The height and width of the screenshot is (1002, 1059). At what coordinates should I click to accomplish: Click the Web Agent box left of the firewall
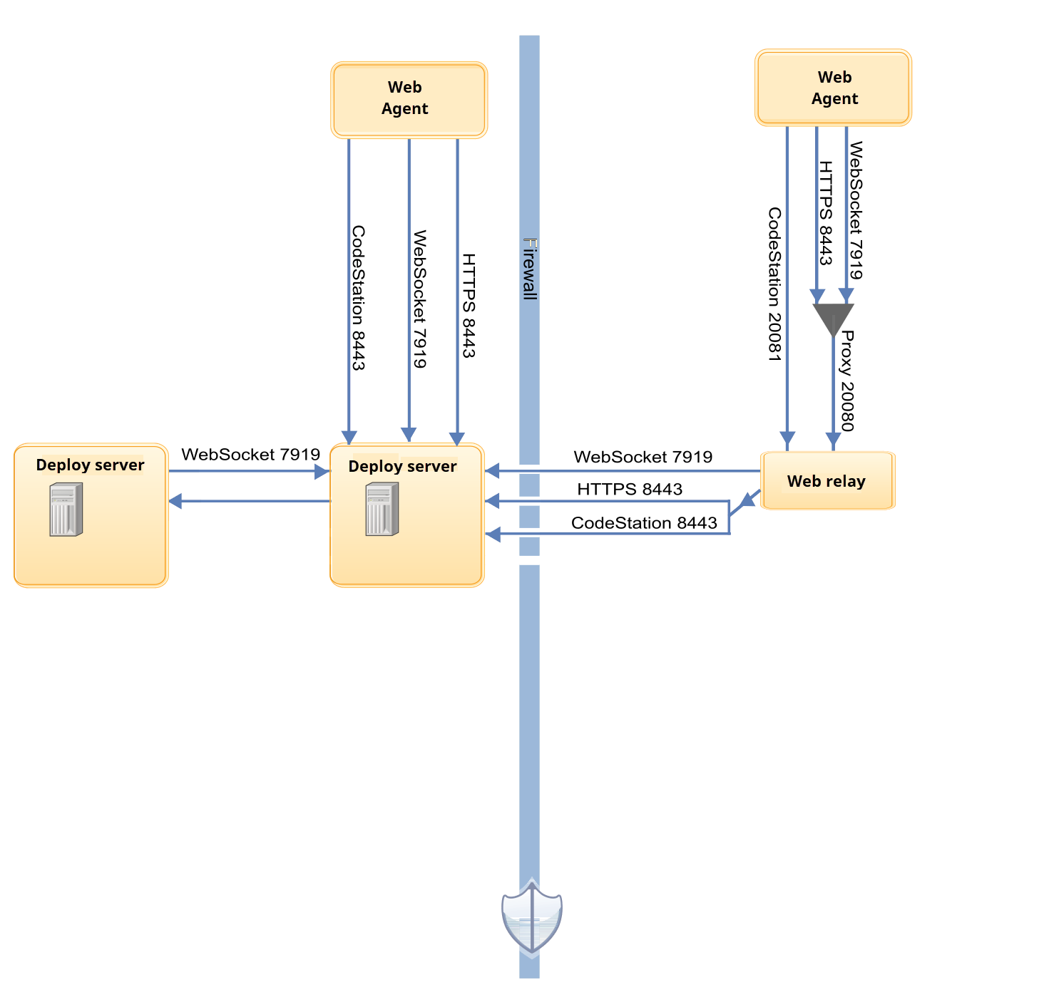pyautogui.click(x=409, y=99)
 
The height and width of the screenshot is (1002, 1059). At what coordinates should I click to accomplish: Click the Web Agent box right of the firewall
pyautogui.click(x=833, y=88)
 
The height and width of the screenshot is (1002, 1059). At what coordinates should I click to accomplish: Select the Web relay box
pyautogui.click(x=827, y=480)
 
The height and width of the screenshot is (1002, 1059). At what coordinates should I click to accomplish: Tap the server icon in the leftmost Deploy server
pyautogui.click(x=66, y=509)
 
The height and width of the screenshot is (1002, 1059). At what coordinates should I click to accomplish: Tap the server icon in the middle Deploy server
pyautogui.click(x=382, y=509)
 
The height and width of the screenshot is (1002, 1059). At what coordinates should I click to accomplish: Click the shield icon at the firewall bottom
pyautogui.click(x=531, y=918)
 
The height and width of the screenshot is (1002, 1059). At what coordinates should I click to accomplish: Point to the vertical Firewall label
pyautogui.click(x=530, y=269)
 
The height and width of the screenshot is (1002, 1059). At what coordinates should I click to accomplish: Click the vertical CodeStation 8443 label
pyautogui.click(x=359, y=298)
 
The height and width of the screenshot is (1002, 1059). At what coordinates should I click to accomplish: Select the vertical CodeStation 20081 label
pyautogui.click(x=774, y=284)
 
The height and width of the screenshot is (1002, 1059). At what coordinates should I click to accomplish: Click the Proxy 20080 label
pyautogui.click(x=846, y=381)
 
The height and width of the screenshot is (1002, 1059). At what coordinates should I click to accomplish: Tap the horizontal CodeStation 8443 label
pyautogui.click(x=644, y=523)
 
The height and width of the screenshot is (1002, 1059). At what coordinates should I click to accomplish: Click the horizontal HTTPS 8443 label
pyautogui.click(x=630, y=489)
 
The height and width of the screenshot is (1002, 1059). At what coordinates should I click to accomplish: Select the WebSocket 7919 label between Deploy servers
pyautogui.click(x=250, y=455)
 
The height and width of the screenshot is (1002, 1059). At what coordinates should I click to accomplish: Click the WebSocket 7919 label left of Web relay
pyautogui.click(x=643, y=457)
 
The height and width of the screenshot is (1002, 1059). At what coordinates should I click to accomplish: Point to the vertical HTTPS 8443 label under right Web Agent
pyautogui.click(x=826, y=212)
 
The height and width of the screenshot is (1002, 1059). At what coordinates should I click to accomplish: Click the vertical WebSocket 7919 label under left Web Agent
pyautogui.click(x=420, y=299)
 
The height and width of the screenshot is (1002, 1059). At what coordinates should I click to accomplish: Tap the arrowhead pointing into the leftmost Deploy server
pyautogui.click(x=175, y=501)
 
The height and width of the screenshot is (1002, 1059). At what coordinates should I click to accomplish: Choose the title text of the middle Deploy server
pyautogui.click(x=402, y=466)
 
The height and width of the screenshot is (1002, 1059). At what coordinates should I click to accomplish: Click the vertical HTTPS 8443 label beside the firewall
pyautogui.click(x=469, y=305)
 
